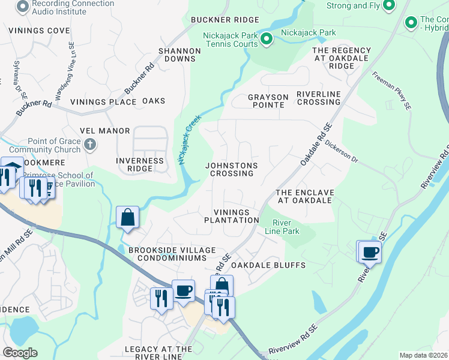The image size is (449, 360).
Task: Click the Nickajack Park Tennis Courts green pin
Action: [267, 40]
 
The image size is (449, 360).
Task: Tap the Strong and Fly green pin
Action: [388, 6]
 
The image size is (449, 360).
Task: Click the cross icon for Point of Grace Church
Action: [90, 144]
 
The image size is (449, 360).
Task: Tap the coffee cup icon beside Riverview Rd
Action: [369, 252]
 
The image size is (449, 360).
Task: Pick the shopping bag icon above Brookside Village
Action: [128, 217]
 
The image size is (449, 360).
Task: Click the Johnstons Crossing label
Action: [231, 169]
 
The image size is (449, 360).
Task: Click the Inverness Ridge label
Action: [140, 165]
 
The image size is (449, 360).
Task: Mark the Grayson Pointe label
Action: [266, 101]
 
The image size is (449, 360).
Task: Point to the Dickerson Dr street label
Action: [341, 152]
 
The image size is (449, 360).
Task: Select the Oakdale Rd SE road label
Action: [316, 146]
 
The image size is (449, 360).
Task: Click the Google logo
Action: [20, 353]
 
